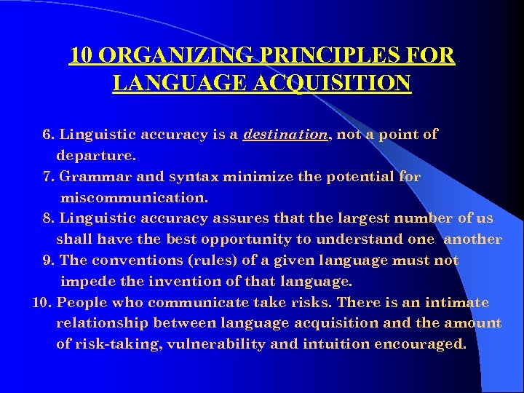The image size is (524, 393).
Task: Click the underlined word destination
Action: pyautogui.click(x=285, y=134)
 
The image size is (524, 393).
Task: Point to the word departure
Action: pyautogui.click(x=96, y=155)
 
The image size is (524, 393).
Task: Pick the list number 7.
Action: pyautogui.click(x=49, y=176)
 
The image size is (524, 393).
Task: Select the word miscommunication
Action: pyautogui.click(x=134, y=197)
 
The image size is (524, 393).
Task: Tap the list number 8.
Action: pyautogui.click(x=49, y=218)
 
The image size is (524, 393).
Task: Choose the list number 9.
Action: pyautogui.click(x=49, y=260)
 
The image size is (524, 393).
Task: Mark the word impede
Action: pyautogui.click(x=84, y=281)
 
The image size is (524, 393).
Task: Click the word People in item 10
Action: pyautogui.click(x=81, y=302)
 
